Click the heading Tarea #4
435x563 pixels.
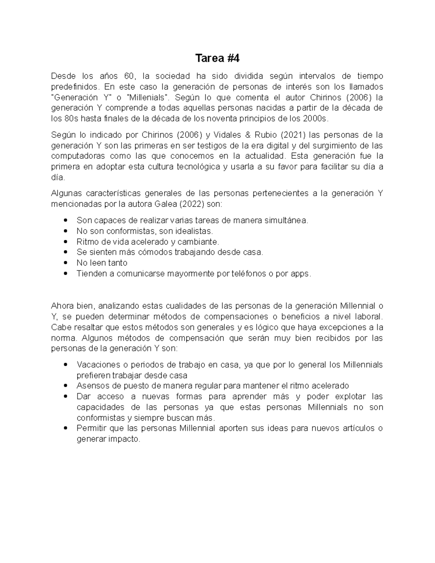click(x=217, y=58)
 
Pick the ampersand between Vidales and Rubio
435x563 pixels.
click(x=248, y=135)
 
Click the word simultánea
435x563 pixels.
click(x=287, y=220)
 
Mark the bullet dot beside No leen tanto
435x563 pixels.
click(x=66, y=263)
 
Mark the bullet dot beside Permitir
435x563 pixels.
click(x=66, y=428)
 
